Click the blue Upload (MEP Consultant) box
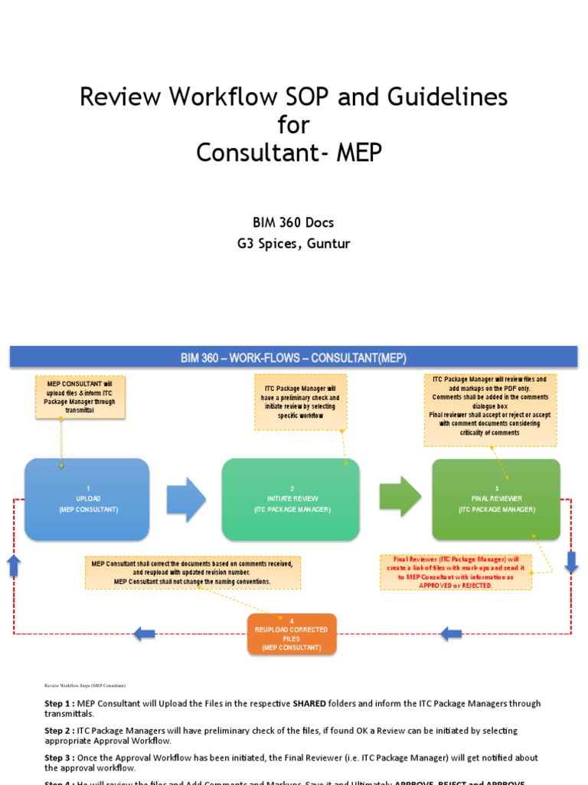87,499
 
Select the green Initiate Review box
291,499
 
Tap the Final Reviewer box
496,499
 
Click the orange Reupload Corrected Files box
292,634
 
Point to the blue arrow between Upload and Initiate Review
186,499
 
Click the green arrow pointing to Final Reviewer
400,497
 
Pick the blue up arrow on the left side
14,567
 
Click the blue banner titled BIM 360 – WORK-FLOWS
293,357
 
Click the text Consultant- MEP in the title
289,153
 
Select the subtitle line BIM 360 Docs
293,223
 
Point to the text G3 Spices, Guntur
293,245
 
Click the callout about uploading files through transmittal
80,397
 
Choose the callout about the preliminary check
300,402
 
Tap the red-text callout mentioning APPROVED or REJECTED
456,572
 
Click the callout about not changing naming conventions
192,573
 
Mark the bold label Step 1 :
59,704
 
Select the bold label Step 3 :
59,757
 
